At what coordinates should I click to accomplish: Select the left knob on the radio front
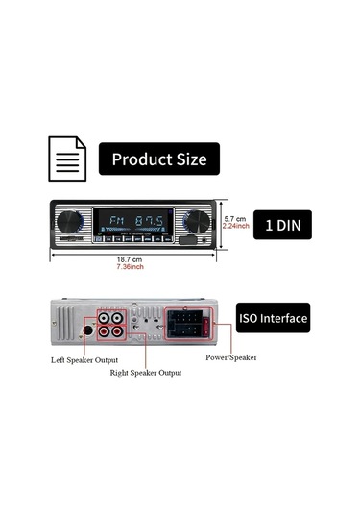[67, 223]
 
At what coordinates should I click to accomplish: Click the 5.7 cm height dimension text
[235, 218]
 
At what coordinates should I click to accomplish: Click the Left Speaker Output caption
[89, 360]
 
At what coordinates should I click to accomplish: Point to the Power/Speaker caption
[230, 357]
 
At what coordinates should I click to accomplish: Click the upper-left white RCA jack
[102, 317]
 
